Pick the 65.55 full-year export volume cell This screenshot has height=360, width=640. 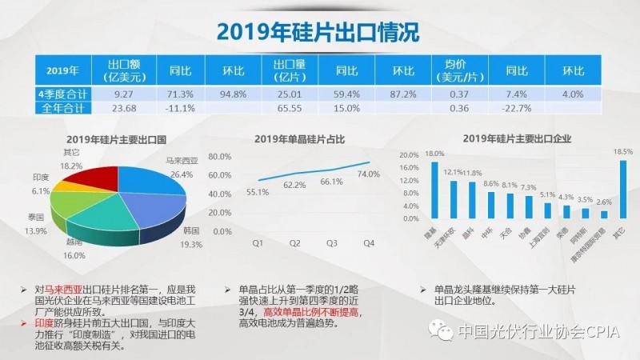pos(289,108)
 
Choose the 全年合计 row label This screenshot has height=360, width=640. pos(63,108)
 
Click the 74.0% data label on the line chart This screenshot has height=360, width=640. pos(368,174)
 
